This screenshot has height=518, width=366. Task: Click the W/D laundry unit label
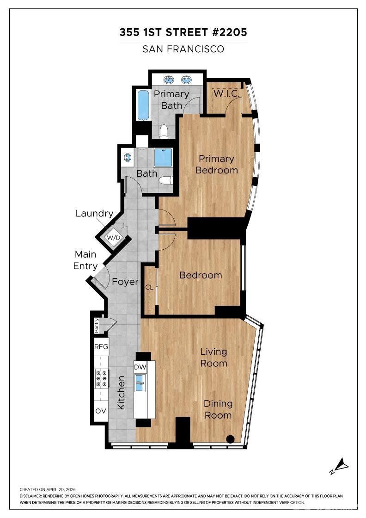click(x=113, y=238)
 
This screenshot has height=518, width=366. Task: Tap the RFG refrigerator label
click(x=101, y=346)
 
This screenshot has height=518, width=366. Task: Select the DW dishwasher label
click(x=140, y=367)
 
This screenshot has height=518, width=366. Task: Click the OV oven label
click(x=101, y=411)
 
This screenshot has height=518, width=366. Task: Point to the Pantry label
click(x=97, y=325)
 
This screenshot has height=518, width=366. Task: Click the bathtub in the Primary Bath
click(x=143, y=105)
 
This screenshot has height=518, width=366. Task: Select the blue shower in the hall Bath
click(x=163, y=158)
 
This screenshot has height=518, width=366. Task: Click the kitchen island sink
click(x=140, y=383)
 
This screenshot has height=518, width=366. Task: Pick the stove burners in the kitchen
click(x=101, y=378)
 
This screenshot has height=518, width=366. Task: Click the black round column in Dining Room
click(x=230, y=439)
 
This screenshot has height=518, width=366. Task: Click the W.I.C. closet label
click(x=226, y=93)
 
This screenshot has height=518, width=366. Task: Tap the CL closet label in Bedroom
click(x=149, y=287)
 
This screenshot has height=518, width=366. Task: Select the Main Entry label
click(x=86, y=260)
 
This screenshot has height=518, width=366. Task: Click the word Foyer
click(x=125, y=282)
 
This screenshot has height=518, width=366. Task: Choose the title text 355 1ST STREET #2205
click(x=183, y=32)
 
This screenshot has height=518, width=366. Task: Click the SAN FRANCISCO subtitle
click(x=183, y=49)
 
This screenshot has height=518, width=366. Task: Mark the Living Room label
click(x=213, y=358)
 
